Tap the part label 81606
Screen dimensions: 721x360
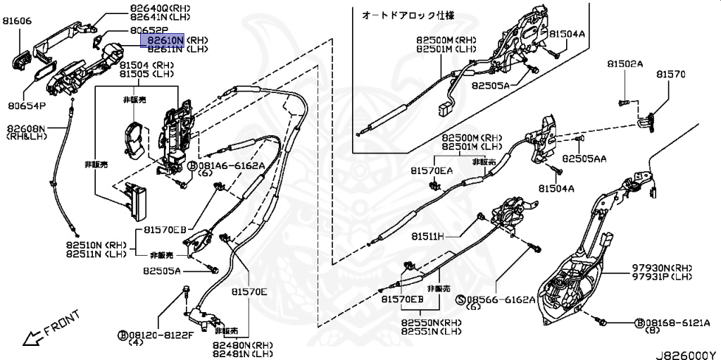click(x=18, y=22)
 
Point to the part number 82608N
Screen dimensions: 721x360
click(x=27, y=129)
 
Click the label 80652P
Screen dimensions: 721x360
click(x=149, y=31)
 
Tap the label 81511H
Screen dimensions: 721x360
click(x=428, y=236)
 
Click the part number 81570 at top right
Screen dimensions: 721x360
click(x=671, y=74)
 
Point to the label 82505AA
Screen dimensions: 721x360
click(x=584, y=159)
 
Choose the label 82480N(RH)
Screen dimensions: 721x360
click(x=243, y=345)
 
